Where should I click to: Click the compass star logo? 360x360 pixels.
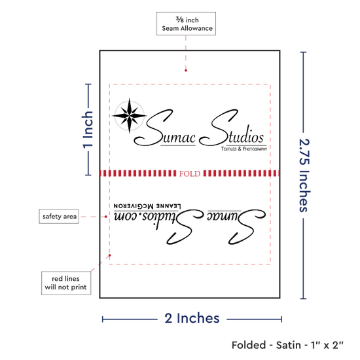pos(129,115)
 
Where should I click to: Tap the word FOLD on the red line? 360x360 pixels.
pos(190,173)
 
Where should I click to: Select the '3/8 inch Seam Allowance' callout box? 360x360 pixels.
pos(186,24)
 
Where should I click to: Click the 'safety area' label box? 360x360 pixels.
pos(59,216)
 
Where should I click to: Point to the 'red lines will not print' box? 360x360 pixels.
pos(66,283)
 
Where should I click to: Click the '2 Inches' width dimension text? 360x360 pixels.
pos(192,319)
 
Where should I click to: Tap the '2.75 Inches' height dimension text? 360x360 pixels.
pos(304,175)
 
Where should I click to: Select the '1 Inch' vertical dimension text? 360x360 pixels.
pos(88,130)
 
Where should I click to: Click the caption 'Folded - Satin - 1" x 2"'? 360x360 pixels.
pos(287,345)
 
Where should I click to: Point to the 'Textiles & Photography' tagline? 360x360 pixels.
pos(244,149)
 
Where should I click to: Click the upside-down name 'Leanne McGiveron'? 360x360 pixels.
pos(147,206)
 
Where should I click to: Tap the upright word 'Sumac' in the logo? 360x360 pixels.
pos(165,128)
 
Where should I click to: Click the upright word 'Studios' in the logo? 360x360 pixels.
pos(232,128)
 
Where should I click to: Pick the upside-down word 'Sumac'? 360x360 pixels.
pos(236,226)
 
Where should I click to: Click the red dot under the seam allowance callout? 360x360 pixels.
pos(186,71)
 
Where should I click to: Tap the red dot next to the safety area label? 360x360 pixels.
pos(105,217)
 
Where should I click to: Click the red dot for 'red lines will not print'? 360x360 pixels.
pos(110,255)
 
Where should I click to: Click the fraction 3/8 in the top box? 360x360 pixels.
pos(180,20)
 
